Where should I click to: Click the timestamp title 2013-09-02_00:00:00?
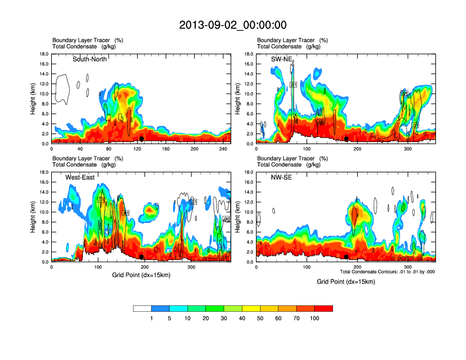(233, 25)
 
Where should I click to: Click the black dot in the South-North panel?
(142, 138)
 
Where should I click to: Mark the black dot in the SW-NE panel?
(347, 138)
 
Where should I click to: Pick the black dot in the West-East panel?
(142, 256)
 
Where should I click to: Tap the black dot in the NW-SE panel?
(347, 256)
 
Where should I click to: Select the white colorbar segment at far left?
(142, 308)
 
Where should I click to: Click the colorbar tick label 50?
(260, 318)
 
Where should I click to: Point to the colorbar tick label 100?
(315, 318)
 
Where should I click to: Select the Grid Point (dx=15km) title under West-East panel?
(141, 275)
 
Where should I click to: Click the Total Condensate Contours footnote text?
(387, 271)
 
